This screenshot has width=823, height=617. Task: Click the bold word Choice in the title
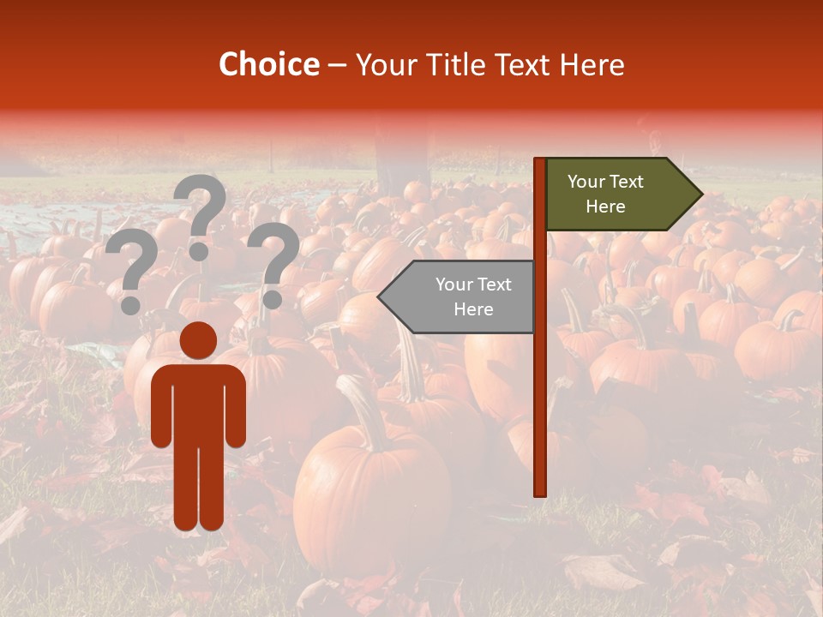coord(268,65)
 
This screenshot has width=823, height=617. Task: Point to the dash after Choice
coord(337,66)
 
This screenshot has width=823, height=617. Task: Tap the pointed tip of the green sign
coord(700,195)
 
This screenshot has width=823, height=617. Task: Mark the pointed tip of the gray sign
coord(381,297)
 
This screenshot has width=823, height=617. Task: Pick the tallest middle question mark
coord(201,206)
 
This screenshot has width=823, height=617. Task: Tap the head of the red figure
coord(199,340)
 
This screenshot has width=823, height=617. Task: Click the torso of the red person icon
coord(199,403)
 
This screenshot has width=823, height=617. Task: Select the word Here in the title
coord(592,65)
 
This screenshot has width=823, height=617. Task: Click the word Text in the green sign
coord(628,182)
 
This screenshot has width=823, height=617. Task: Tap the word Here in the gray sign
coord(473,309)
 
